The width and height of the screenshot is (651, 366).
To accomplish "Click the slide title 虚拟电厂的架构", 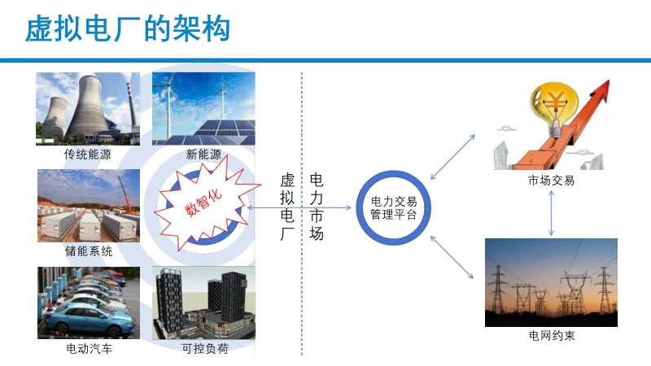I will tap(129, 29).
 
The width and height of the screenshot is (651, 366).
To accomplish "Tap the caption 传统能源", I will tap(88, 154).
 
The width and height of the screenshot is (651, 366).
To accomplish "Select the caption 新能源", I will tap(203, 154).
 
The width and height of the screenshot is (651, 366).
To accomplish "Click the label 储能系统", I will tap(89, 251).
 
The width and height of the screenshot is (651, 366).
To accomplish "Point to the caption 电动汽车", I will tap(89, 350).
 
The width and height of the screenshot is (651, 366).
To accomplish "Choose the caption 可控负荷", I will tap(204, 350).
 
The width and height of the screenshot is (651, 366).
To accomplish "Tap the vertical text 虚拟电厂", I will tap(287, 207).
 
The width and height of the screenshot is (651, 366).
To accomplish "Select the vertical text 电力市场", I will tap(317, 207).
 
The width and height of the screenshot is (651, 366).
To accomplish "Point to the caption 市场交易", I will tap(551, 181).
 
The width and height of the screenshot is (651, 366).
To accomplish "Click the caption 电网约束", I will tap(552, 335).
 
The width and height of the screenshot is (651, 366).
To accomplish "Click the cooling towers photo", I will tap(88, 108).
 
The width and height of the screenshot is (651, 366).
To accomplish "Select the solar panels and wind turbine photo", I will tap(203, 108).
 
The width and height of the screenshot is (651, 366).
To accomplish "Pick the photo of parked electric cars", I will tap(88, 303).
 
